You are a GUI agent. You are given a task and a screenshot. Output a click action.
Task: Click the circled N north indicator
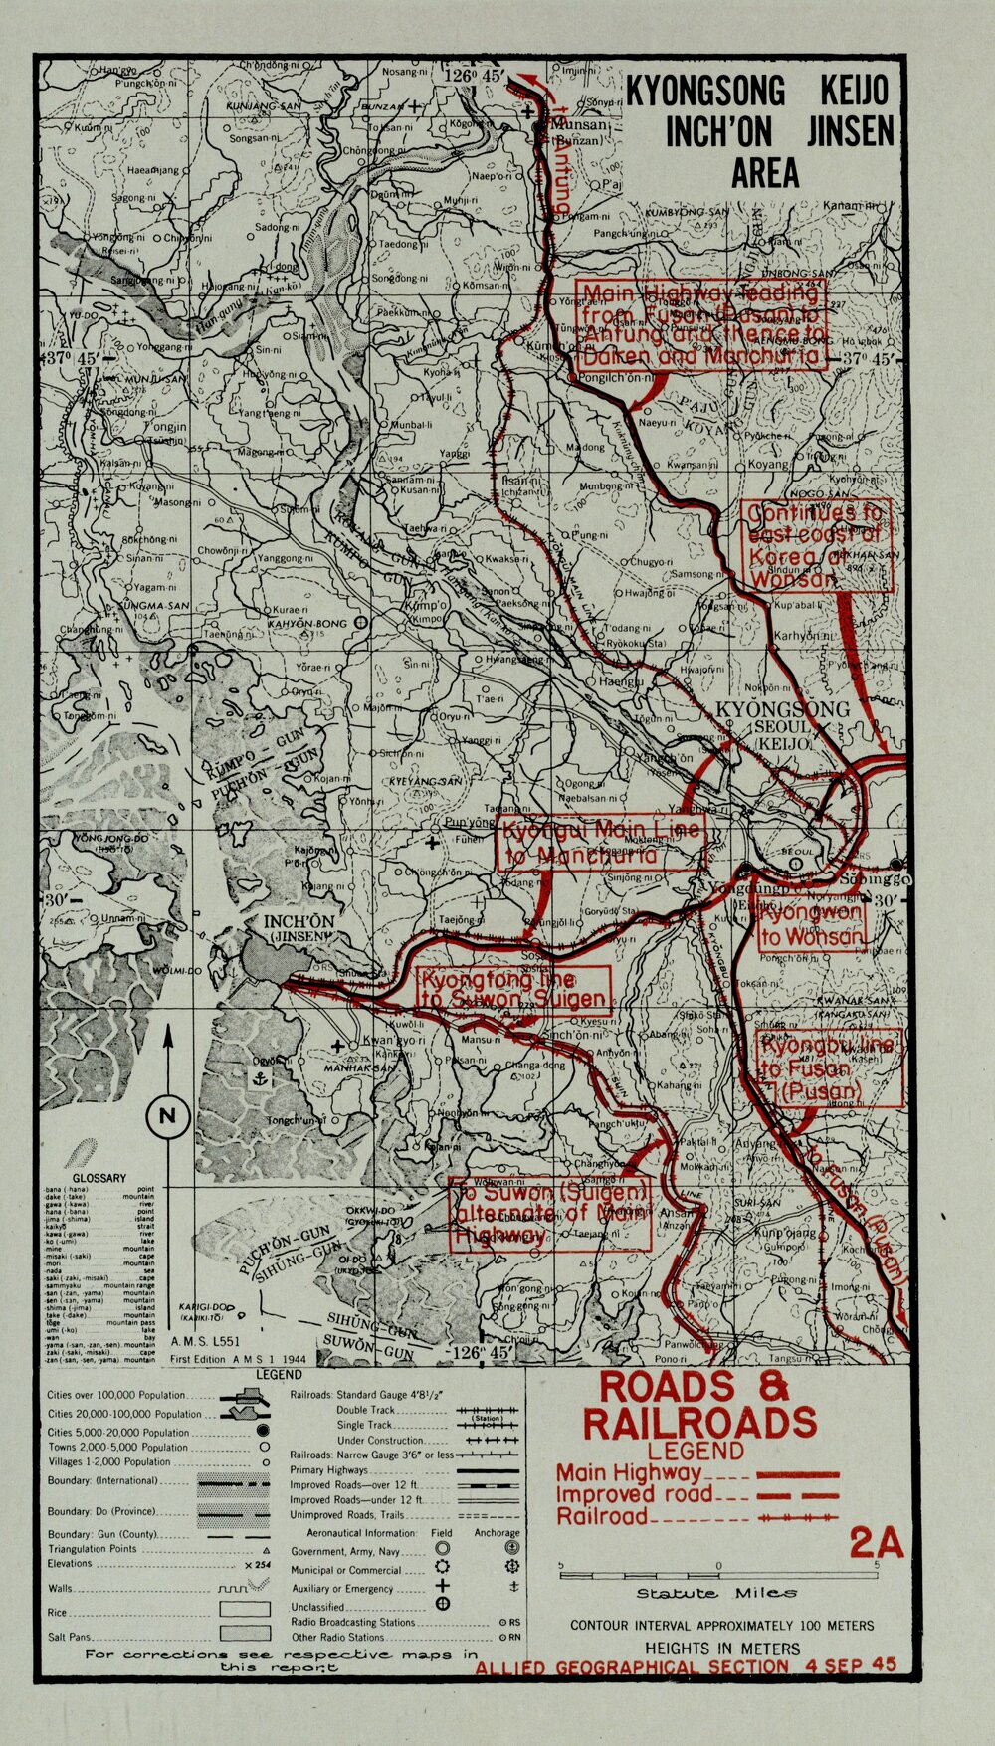(166, 1115)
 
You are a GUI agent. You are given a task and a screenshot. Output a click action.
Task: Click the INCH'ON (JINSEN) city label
(298, 928)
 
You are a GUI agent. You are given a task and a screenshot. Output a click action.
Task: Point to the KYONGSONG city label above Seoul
(782, 709)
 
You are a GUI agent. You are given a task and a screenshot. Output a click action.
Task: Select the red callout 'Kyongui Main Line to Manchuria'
(599, 844)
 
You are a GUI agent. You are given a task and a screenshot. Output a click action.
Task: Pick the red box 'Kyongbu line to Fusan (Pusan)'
(829, 1068)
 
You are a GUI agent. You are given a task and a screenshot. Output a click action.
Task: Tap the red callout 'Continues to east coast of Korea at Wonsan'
(816, 546)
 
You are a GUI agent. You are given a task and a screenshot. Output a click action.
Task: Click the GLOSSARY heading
(100, 1178)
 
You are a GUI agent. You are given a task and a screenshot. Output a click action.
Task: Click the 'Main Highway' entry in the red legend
(629, 1473)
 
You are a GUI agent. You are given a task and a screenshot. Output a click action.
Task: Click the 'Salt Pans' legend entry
(69, 1637)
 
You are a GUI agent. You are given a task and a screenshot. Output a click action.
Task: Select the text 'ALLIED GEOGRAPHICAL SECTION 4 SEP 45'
(686, 1666)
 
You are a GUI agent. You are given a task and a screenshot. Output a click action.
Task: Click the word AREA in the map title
(764, 173)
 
